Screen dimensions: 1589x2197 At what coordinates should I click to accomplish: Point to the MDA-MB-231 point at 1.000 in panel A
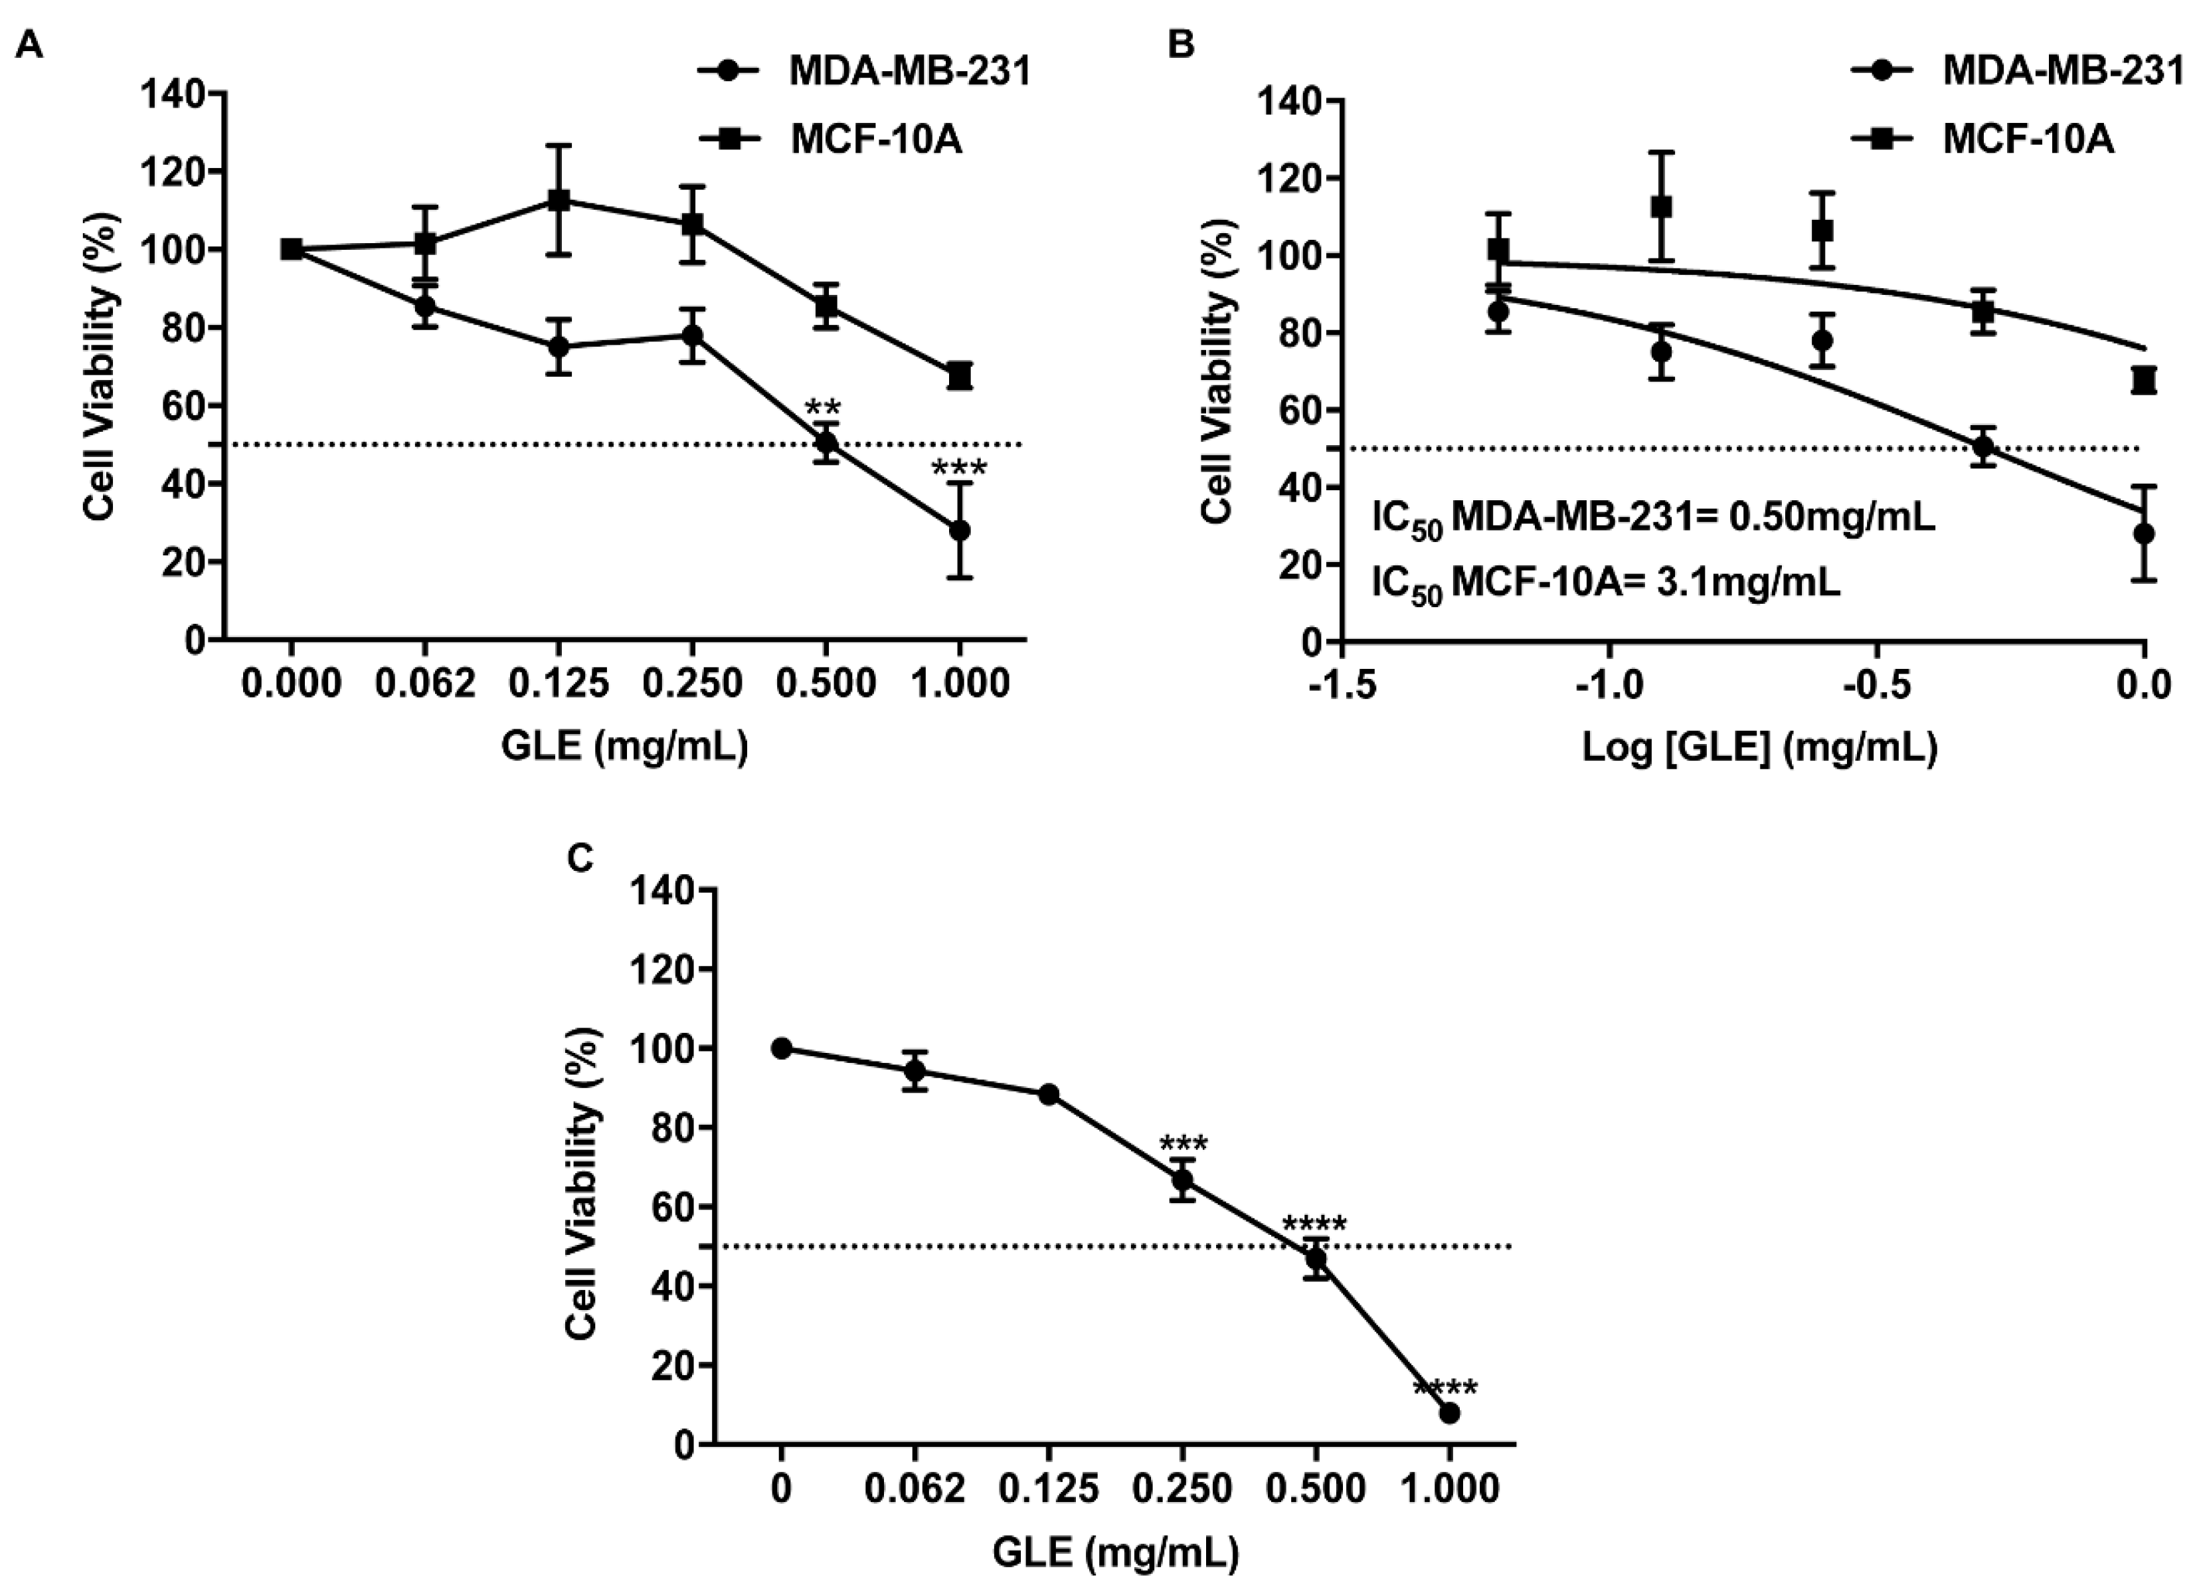pos(959,531)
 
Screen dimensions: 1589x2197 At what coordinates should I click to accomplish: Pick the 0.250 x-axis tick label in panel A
pos(691,684)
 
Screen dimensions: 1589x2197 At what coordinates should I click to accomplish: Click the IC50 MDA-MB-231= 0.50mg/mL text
pos(1654,520)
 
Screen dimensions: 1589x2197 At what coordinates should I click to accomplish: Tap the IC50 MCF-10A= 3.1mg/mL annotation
pos(1606,584)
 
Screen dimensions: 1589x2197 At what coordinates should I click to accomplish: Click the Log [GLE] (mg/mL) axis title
pos(1759,748)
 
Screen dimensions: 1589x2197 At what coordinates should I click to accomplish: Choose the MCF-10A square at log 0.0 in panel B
pos(2144,380)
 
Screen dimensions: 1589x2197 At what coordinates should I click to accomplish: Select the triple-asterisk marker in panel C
pos(1183,1145)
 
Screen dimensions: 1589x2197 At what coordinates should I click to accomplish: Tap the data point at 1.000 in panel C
pos(1449,1414)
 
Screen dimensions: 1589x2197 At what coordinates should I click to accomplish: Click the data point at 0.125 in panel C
pos(1048,1094)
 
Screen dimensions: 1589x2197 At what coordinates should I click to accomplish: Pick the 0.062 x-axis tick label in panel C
pos(915,1489)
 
